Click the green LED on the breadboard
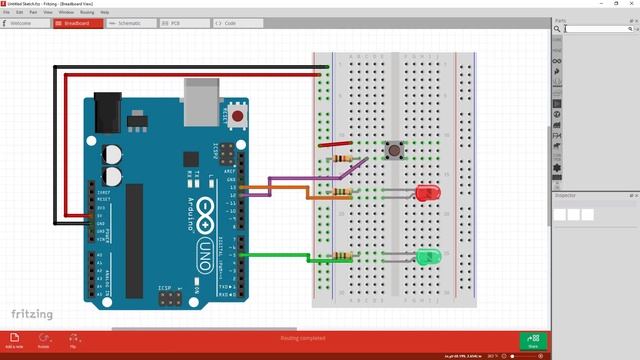point(428,257)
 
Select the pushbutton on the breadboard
point(397,152)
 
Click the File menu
point(7,12)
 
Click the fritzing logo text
point(31,314)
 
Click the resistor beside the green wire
point(342,256)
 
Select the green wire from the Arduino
point(275,256)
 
